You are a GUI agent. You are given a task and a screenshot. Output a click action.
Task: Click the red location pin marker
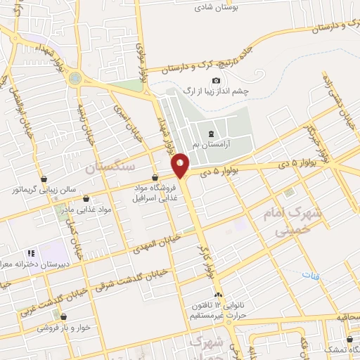click(181, 165)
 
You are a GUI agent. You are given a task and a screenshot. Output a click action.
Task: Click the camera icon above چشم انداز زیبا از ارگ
click(216, 82)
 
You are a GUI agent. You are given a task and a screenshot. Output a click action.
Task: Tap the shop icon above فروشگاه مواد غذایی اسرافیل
click(155, 177)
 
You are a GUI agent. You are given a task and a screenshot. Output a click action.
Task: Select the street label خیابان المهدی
click(156, 243)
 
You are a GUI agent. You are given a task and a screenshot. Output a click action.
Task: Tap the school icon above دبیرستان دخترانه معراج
click(30, 253)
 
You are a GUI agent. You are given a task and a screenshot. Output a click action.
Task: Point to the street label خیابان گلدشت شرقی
click(127, 282)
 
